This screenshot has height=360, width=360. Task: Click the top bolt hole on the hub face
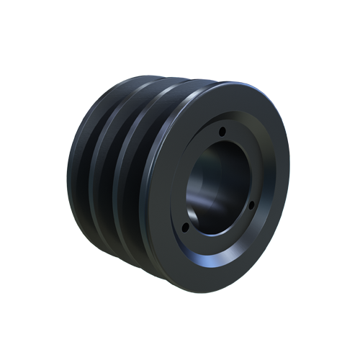(x=222, y=131)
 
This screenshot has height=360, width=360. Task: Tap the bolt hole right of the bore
(x=251, y=204)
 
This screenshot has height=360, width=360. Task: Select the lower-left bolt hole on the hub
(x=185, y=227)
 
